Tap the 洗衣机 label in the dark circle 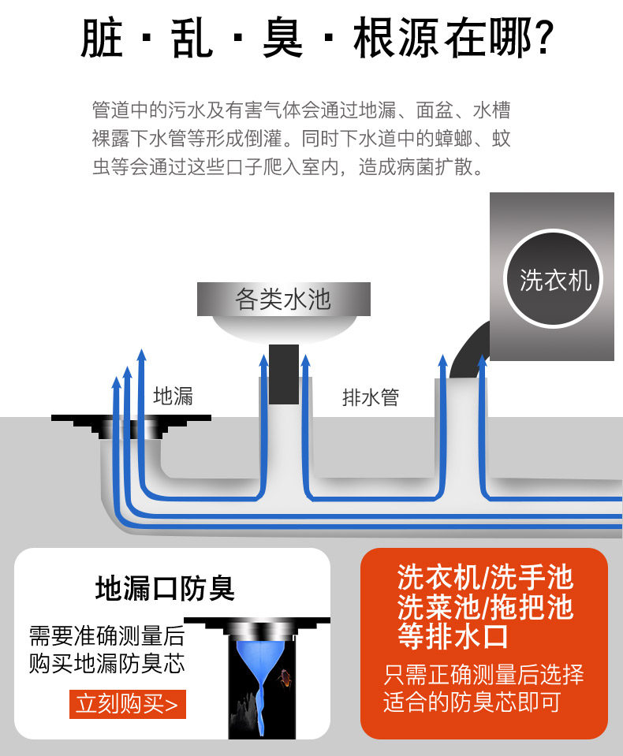[x=555, y=280]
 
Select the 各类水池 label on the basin [x=283, y=300]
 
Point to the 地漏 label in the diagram [x=173, y=396]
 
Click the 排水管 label [x=370, y=397]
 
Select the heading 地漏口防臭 [x=164, y=588]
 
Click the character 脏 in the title [x=103, y=38]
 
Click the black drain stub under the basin [x=283, y=374]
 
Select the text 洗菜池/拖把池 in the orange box [x=484, y=607]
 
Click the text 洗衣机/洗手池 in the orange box [x=484, y=579]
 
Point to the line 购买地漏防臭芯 [x=106, y=664]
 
